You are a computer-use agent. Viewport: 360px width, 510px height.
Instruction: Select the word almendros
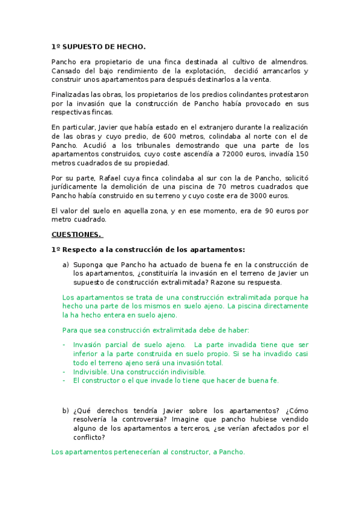(x=288, y=62)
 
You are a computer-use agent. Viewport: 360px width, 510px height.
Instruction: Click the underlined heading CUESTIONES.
(x=76, y=234)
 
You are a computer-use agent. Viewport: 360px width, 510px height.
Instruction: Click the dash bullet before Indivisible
(x=64, y=372)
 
